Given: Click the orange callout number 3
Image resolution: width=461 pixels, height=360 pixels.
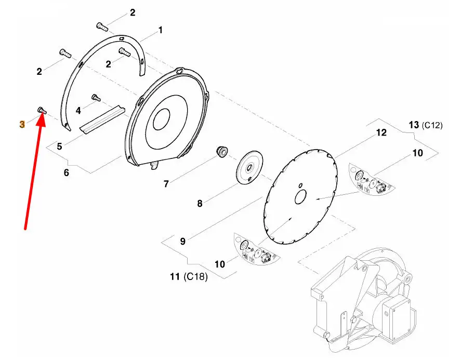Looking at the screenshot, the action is (x=22, y=124).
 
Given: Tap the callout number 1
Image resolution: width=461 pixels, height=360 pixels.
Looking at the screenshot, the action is (x=160, y=30).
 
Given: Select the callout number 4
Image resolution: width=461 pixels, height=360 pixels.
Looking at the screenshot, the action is (x=78, y=111).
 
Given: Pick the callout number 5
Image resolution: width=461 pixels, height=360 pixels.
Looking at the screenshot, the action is (x=59, y=146).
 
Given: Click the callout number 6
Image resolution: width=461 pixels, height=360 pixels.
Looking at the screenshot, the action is (x=67, y=172).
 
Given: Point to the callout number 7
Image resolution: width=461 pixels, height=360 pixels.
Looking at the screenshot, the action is (x=166, y=184).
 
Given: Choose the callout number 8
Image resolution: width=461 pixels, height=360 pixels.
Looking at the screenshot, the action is (x=200, y=203).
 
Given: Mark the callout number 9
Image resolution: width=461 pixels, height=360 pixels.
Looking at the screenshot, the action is (x=182, y=241).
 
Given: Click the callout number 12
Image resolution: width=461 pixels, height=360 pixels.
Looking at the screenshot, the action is (x=381, y=132).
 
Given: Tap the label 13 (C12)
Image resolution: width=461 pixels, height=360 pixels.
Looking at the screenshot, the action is (x=426, y=125).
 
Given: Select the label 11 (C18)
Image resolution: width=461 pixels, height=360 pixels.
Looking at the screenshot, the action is (x=189, y=276).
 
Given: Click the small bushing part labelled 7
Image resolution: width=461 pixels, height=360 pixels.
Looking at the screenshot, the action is (x=222, y=151).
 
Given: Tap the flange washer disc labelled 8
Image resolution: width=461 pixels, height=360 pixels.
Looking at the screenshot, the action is (x=249, y=167).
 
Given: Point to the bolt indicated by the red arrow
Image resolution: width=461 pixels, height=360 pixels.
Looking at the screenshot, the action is (x=42, y=111).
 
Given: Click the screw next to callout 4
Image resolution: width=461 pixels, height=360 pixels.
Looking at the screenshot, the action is (x=96, y=98).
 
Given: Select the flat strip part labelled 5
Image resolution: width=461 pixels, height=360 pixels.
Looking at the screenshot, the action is (x=102, y=119).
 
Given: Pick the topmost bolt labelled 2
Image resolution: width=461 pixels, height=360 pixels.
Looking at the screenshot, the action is (x=102, y=26).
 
